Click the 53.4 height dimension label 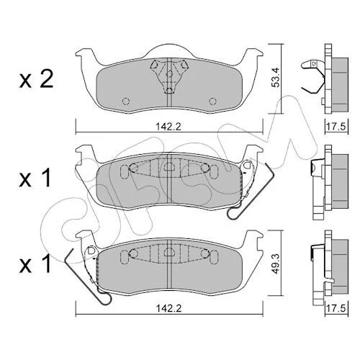point(276,78)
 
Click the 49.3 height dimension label point(276,264)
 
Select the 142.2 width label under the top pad point(169,127)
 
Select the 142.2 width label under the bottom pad point(169,308)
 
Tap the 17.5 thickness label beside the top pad point(337,127)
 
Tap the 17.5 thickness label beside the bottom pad point(337,308)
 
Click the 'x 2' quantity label point(36,81)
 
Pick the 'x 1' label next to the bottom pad point(35,264)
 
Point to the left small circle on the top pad point(126,102)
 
